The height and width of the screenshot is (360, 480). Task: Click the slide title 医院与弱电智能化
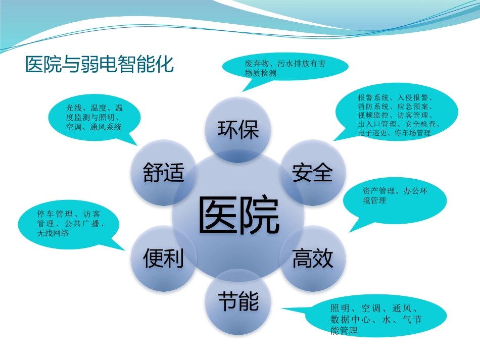99,65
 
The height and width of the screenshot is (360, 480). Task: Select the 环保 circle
238,130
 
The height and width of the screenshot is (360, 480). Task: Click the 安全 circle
313,173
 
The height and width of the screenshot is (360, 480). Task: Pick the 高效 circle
313,259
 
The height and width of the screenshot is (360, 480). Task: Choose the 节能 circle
238,302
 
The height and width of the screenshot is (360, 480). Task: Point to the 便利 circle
163,259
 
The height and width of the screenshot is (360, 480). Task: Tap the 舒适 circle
163,173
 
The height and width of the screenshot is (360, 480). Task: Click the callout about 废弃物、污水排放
285,68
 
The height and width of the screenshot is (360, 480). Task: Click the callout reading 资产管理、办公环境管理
395,196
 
